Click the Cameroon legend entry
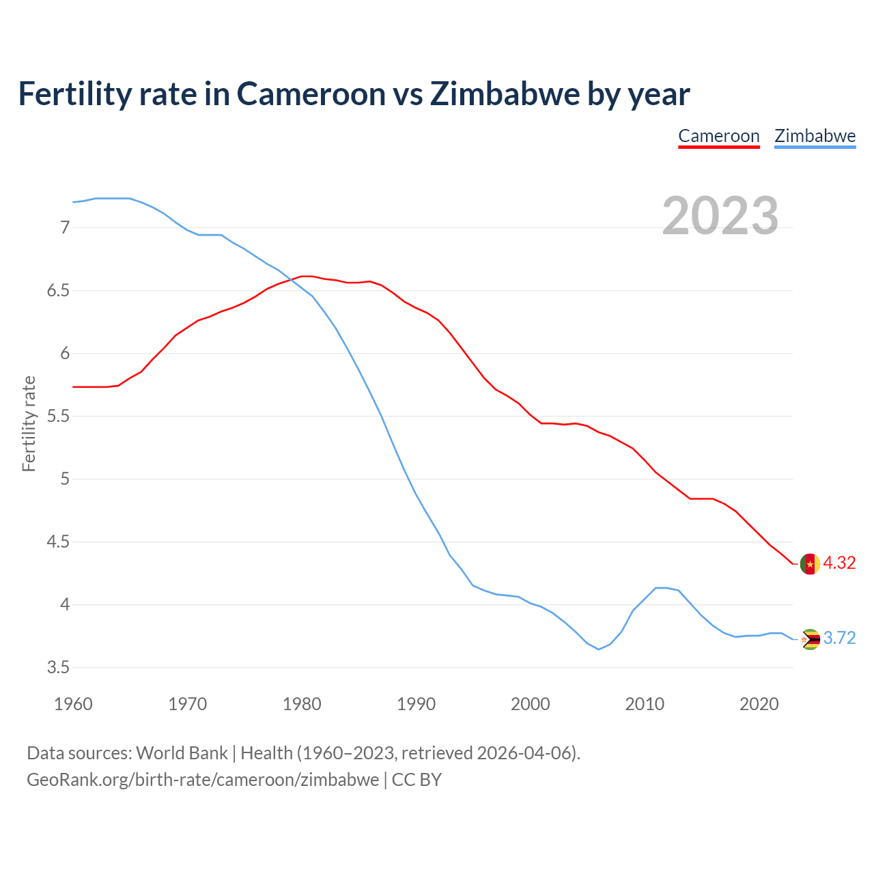click(x=718, y=136)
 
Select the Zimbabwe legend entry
click(x=815, y=136)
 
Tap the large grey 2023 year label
click(x=720, y=216)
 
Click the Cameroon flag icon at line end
click(x=810, y=564)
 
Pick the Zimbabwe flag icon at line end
click(x=810, y=639)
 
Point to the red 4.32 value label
click(x=839, y=563)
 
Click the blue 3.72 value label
click(x=839, y=638)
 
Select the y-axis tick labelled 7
click(x=65, y=227)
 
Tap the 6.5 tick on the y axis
click(x=58, y=291)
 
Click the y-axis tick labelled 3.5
click(x=58, y=668)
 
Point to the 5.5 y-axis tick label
click(x=58, y=417)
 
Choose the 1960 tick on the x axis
click(x=73, y=704)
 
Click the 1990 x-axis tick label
click(x=416, y=704)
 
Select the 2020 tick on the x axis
click(x=759, y=704)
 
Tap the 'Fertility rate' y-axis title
click(x=29, y=423)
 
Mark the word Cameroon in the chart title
click(x=311, y=94)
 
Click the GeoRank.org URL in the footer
click(x=203, y=780)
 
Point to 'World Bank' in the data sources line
click(x=182, y=753)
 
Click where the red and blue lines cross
click(x=290, y=280)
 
